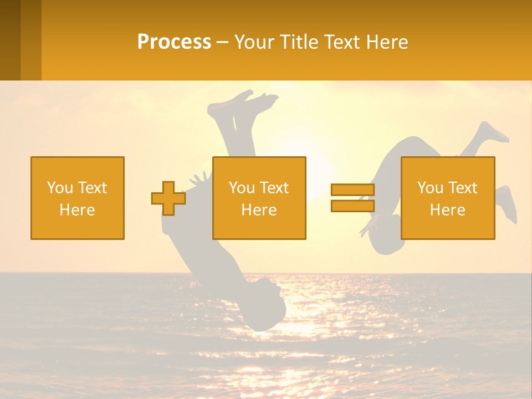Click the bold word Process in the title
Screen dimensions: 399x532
(174, 42)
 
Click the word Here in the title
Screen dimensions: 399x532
(386, 42)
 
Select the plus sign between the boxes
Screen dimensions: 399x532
(168, 198)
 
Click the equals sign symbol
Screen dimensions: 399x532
(352, 198)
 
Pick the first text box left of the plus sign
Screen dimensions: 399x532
(78, 198)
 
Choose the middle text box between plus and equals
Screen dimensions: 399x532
(259, 198)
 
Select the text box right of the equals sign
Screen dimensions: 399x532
(448, 198)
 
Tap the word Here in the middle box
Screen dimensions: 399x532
(259, 210)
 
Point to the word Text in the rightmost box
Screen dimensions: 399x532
(463, 188)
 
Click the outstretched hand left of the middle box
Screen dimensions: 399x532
(198, 178)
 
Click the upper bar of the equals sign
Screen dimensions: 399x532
(352, 190)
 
